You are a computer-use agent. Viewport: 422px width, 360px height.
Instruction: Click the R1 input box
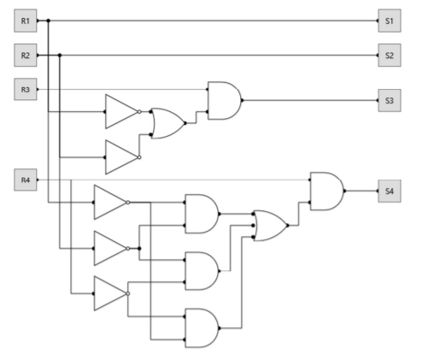26,21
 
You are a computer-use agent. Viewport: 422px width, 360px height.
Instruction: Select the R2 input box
26,56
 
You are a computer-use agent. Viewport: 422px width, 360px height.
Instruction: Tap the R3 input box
26,89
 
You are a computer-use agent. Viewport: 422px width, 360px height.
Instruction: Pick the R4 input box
26,180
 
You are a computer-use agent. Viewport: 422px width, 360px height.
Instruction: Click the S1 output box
390,21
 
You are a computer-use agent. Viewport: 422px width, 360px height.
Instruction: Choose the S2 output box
390,56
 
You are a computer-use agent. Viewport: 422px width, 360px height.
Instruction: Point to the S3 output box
390,100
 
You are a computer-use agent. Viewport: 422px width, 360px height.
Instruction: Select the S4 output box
390,191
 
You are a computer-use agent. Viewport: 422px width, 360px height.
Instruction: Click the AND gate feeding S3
225,101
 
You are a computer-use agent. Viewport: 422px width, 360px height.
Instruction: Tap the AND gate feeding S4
327,191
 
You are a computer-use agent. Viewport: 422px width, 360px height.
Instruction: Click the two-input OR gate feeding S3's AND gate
168,123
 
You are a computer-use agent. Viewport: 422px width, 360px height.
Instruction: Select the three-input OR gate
271,226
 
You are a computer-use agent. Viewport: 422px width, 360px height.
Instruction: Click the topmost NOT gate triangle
122,112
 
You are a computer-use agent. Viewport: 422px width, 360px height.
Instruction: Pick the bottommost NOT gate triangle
111,293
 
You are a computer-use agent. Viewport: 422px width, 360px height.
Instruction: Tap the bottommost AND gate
202,328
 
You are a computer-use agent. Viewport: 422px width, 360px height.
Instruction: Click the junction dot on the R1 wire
49,21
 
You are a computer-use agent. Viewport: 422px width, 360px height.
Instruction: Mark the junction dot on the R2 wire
60,55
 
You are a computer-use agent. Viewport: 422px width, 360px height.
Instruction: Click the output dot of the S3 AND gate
242,100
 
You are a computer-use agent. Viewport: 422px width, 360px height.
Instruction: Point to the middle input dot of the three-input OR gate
253,226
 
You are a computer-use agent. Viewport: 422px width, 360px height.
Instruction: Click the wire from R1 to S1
208,21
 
